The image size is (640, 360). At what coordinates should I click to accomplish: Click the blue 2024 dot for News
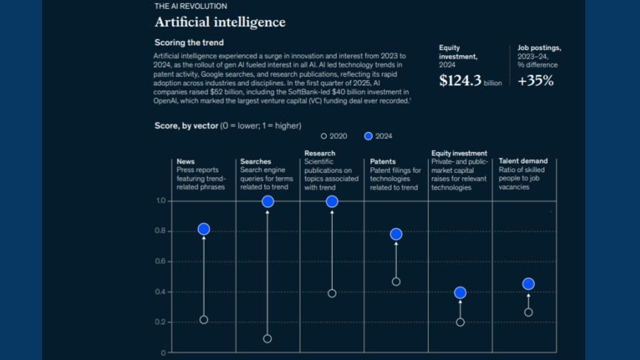pyautogui.click(x=203, y=229)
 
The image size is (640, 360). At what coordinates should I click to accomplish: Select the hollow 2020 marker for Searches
pyautogui.click(x=267, y=338)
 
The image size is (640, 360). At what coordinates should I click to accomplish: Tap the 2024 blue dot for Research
pyautogui.click(x=332, y=201)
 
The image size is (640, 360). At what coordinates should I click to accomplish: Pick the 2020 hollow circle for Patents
pyautogui.click(x=396, y=281)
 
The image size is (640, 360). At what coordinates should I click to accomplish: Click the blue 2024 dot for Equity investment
pyautogui.click(x=460, y=292)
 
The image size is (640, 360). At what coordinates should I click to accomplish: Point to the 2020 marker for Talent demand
pyautogui.click(x=528, y=312)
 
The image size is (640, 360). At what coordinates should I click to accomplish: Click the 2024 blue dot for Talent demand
pyautogui.click(x=528, y=284)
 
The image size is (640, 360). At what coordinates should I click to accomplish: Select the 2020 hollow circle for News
pyautogui.click(x=203, y=320)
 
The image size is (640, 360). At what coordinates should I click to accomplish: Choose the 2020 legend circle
pyautogui.click(x=323, y=136)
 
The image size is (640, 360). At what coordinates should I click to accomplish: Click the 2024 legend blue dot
pyautogui.click(x=368, y=136)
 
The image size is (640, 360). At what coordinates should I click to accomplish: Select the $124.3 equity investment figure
pyautogui.click(x=460, y=81)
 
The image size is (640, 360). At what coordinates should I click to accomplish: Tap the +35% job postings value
pyautogui.click(x=535, y=81)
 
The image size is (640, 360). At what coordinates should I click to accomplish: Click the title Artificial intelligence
pyautogui.click(x=220, y=22)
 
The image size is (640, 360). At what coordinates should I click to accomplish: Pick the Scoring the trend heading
pyautogui.click(x=189, y=42)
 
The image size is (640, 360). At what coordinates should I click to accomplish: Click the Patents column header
pyautogui.click(x=382, y=161)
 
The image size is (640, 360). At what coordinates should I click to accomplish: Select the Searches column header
pyautogui.click(x=255, y=161)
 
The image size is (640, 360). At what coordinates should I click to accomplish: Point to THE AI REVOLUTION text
pyautogui.click(x=190, y=6)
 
